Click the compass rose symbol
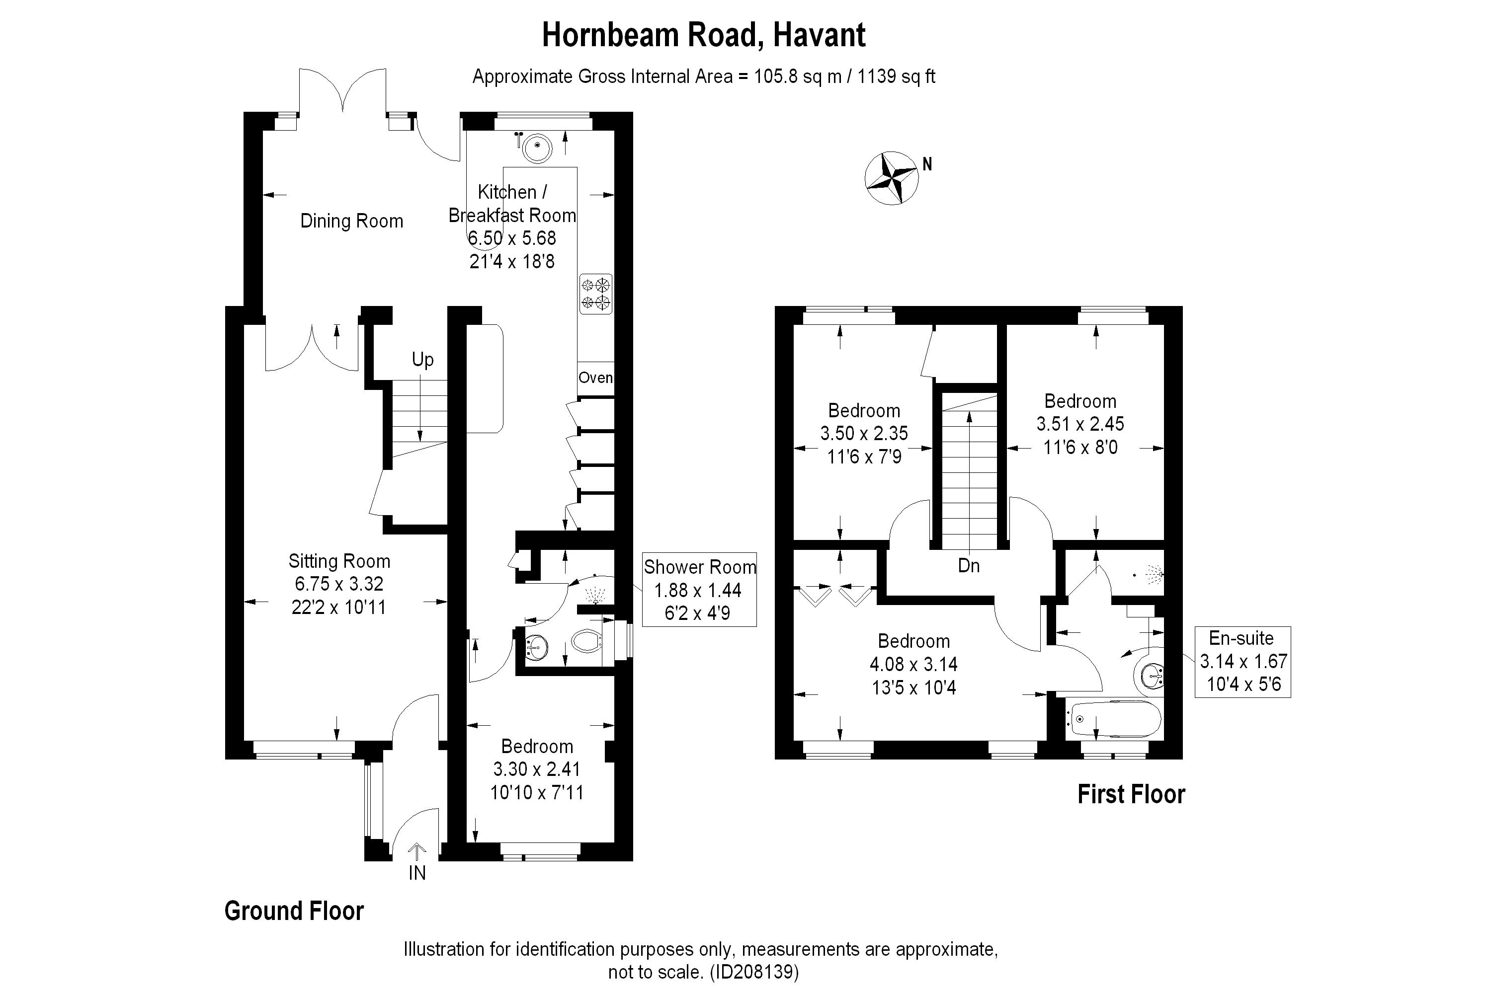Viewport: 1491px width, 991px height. click(x=891, y=178)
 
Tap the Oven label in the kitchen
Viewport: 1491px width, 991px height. click(x=595, y=378)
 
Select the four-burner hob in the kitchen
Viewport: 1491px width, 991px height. click(x=595, y=294)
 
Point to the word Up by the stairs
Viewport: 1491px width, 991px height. click(x=422, y=360)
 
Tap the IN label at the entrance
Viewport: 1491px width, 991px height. click(x=416, y=873)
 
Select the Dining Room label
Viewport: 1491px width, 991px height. click(x=351, y=221)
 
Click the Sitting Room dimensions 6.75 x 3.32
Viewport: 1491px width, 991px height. click(x=339, y=584)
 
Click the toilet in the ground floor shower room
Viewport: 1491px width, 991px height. click(x=585, y=642)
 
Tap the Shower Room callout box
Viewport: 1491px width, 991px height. click(x=699, y=590)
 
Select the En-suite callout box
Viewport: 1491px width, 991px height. click(x=1242, y=662)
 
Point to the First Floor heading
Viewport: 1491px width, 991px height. click(x=1131, y=794)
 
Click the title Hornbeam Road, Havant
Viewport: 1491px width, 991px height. click(x=703, y=35)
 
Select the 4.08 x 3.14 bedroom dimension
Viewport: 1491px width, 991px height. click(x=913, y=664)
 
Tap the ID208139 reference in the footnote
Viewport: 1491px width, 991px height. click(x=754, y=972)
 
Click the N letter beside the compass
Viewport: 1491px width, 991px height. click(x=927, y=164)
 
